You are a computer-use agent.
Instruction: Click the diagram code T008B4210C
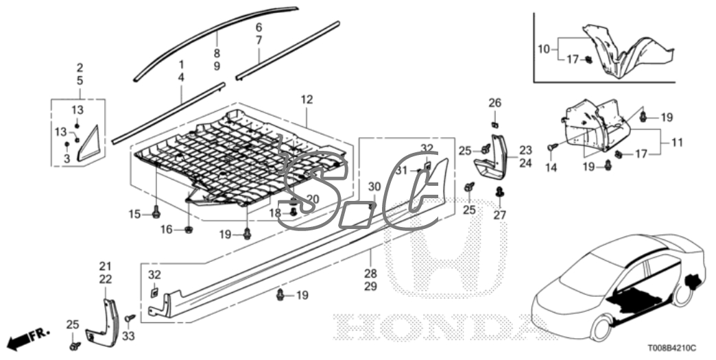coord(676,348)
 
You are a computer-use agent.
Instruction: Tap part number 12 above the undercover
coord(306,100)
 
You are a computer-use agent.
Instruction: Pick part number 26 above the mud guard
coord(494,103)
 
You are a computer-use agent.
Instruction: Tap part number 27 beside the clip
coord(499,215)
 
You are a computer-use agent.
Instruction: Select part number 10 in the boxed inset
coord(543,49)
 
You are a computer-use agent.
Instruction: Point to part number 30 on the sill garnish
coord(374,187)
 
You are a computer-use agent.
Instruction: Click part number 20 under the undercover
coord(313,199)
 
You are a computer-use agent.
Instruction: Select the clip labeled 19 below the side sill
coord(281,296)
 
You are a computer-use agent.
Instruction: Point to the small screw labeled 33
coord(130,318)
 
